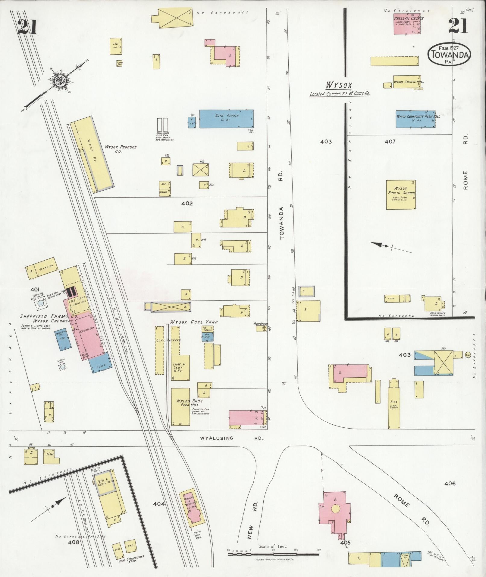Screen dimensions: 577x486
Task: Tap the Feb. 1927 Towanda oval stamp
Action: pyautogui.click(x=449, y=54)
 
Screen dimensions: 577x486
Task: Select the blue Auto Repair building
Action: pyautogui.click(x=226, y=119)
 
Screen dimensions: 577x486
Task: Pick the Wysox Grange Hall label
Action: pyautogui.click(x=405, y=82)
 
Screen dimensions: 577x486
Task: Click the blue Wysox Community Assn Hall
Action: pyautogui.click(x=415, y=119)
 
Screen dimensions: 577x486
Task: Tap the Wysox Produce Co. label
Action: pyautogui.click(x=121, y=149)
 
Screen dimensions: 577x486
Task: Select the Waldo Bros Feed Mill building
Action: pyautogui.click(x=180, y=406)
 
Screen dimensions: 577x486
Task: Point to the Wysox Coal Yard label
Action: pyautogui.click(x=194, y=322)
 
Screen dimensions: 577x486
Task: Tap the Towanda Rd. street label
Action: pyautogui.click(x=282, y=223)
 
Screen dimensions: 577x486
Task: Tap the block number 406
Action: pyautogui.click(x=450, y=483)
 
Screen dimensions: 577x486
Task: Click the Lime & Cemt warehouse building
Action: pyautogui.click(x=180, y=367)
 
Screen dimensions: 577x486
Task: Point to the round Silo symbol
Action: pyautogui.click(x=468, y=355)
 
